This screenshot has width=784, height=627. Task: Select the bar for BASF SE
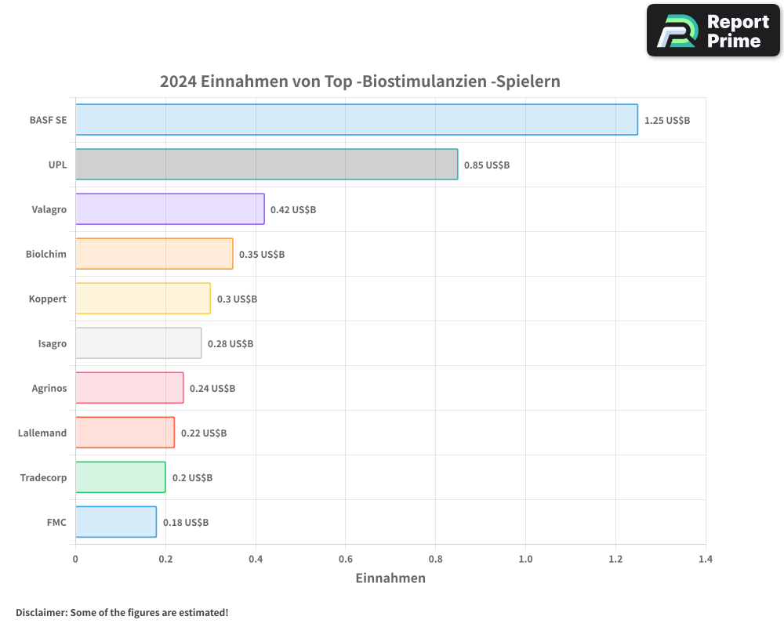point(357,120)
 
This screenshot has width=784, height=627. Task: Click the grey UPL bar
point(267,165)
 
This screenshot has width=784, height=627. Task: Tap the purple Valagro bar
point(170,209)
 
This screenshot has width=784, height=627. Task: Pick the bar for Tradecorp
point(121,477)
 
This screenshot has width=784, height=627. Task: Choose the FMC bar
point(116,522)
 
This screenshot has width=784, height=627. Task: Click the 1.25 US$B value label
point(666,121)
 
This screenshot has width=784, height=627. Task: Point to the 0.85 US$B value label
point(487,165)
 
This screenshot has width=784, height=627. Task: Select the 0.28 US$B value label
point(230,344)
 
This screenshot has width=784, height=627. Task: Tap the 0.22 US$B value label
point(204,433)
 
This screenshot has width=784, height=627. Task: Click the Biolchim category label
point(46,254)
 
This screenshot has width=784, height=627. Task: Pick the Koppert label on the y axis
point(48,299)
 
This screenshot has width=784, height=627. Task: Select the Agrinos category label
point(49,388)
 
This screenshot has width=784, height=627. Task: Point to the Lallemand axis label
point(42,433)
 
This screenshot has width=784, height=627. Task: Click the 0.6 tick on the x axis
point(346,560)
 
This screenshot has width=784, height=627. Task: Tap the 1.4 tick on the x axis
point(706,560)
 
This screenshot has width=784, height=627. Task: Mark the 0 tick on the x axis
point(75,560)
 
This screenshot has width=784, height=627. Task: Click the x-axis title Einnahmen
point(390,578)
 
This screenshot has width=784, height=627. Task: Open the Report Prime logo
point(713,31)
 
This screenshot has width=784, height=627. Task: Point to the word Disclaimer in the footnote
point(41,613)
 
